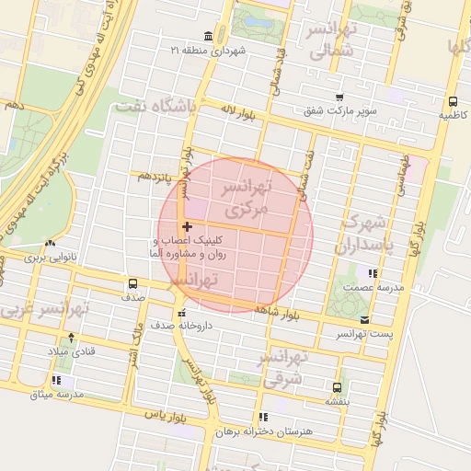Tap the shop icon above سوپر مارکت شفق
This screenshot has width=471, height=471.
pos(339,98)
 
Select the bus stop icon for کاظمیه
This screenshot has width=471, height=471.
pos(453,101)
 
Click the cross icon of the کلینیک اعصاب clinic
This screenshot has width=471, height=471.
pos(188,226)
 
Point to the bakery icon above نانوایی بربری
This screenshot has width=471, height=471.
pos(48,245)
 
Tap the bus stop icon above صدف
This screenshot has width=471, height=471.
pos(132,284)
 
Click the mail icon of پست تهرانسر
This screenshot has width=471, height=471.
pos(365,319)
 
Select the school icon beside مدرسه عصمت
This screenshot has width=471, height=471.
pos(372,273)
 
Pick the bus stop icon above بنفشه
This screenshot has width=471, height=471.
pos(337,387)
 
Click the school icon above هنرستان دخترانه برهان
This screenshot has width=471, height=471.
pos(264,417)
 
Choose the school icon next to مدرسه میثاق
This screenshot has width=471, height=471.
pos(57,380)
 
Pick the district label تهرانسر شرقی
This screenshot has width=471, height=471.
pos(288,367)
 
